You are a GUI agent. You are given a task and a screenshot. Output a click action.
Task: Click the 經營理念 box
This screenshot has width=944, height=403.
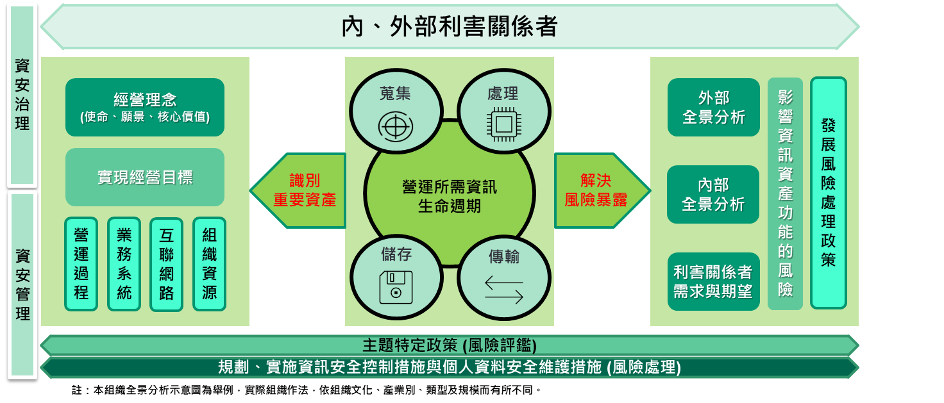coord(144,107)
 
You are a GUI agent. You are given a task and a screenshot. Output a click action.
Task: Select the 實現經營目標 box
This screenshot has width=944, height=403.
coord(144,177)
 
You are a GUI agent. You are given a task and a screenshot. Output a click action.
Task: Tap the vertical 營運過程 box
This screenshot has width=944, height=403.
coord(81,264)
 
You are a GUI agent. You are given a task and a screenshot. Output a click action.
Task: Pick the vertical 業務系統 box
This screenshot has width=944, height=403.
coord(124,264)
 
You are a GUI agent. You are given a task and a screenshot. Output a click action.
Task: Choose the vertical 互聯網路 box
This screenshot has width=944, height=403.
coord(167,264)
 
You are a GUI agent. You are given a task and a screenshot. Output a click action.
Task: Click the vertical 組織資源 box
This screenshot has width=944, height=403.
coord(210,264)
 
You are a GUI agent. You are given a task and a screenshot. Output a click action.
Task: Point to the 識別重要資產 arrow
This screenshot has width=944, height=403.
coord(298,190)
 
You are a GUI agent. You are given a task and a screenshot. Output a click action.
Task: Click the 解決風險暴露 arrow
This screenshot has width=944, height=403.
coord(602,190)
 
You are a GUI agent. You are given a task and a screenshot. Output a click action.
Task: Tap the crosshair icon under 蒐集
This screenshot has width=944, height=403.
coord(395,126)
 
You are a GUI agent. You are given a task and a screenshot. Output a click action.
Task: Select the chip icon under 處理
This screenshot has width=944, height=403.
coord(504,125)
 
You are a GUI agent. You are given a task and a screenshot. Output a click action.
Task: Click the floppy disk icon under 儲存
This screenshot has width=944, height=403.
coord(396,288)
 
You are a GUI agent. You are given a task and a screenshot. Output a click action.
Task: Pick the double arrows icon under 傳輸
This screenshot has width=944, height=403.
coord(504,290)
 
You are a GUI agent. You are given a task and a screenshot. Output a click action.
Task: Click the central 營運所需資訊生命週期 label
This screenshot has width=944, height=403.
coord(450,196)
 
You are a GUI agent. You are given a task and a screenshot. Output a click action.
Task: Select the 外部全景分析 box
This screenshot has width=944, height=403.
coord(714,107)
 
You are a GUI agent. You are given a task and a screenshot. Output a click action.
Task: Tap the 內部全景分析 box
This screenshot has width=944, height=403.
coord(713,194)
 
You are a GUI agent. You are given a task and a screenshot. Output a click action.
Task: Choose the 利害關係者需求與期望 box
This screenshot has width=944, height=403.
coord(714,281)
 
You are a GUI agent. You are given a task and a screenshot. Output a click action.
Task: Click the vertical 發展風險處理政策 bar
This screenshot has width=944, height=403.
coord(828,193)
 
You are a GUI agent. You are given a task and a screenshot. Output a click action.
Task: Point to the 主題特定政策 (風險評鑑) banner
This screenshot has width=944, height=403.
coord(450,345)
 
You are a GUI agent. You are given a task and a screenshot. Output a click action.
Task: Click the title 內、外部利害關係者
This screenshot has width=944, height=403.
coord(450,26)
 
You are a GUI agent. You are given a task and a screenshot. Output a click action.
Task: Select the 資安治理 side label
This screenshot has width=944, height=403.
coord(22,95)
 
